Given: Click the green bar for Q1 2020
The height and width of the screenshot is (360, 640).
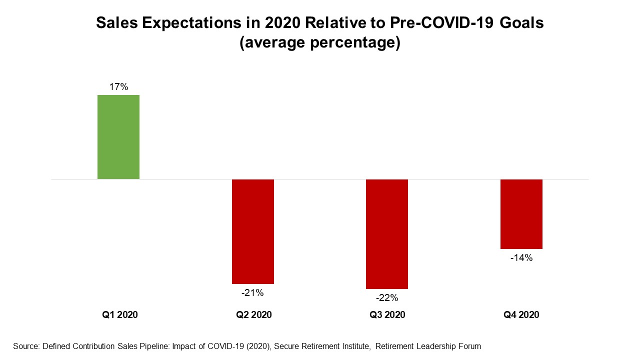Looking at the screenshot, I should [x=118, y=136].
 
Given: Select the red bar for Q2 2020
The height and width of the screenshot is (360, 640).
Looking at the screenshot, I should [x=252, y=231].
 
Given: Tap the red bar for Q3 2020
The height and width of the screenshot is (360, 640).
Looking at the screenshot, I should [x=386, y=233].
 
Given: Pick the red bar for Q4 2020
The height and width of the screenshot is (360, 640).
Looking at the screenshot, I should [x=521, y=213].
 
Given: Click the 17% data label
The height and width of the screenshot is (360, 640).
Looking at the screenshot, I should [x=118, y=87].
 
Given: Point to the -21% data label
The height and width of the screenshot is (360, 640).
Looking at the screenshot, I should [x=252, y=293].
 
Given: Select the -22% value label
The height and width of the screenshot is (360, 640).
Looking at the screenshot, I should [x=387, y=298].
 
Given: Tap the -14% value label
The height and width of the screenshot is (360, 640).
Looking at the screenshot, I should [x=521, y=258].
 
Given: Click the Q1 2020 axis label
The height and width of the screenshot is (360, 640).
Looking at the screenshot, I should [x=120, y=315].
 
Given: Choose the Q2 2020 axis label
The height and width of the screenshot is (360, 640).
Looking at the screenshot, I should [x=254, y=315].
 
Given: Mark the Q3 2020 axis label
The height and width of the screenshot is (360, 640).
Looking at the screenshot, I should [x=387, y=315].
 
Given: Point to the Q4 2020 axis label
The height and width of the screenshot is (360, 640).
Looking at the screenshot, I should [x=521, y=315].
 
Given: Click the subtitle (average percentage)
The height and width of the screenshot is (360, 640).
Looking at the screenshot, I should [x=320, y=43].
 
